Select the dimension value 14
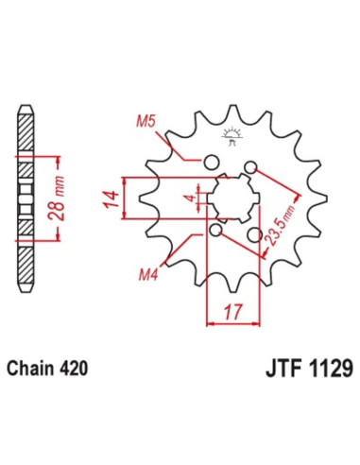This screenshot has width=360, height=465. (111, 200)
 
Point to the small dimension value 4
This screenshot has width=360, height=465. (188, 198)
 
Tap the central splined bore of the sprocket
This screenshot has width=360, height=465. (231, 198)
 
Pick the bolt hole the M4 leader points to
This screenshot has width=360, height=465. (216, 230)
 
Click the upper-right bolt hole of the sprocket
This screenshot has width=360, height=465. (250, 168)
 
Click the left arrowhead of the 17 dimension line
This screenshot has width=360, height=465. (209, 324)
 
